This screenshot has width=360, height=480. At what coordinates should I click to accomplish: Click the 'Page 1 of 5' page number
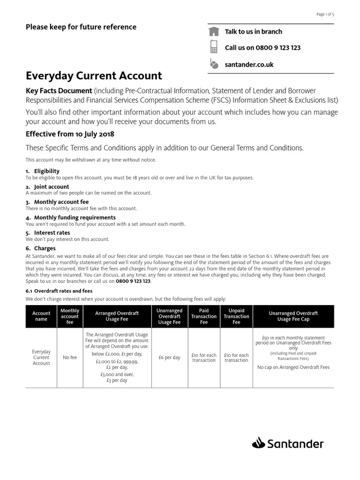[325, 15]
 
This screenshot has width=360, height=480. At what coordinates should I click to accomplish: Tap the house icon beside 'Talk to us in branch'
[214, 31]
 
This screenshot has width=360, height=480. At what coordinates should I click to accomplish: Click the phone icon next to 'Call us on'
[214, 47]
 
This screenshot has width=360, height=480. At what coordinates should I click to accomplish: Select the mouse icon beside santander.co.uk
[214, 64]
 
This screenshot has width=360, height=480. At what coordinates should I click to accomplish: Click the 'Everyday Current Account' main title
[94, 75]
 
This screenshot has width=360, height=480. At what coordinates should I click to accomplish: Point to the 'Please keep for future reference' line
[81, 27]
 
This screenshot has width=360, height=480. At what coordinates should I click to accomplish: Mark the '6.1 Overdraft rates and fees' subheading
[59, 291]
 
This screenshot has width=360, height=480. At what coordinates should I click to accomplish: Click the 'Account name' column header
[41, 316]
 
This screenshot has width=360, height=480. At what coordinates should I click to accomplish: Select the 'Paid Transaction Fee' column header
[204, 316]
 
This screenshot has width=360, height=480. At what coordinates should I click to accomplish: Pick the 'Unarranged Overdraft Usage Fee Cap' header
[294, 316]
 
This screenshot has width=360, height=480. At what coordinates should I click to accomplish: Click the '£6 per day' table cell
[170, 358]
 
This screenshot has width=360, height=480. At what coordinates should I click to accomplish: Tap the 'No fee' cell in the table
[70, 358]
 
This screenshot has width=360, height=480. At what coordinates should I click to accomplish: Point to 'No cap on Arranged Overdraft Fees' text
[293, 367]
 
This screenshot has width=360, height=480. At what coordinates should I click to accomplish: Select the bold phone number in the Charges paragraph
[134, 281]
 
